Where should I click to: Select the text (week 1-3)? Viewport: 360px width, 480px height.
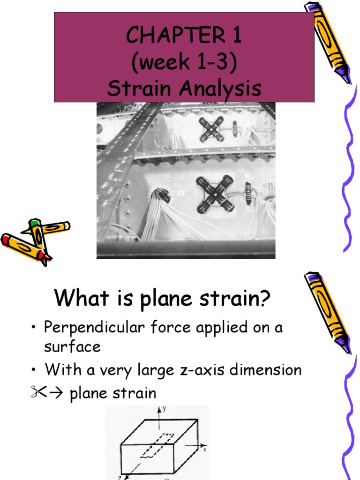tap(184, 62)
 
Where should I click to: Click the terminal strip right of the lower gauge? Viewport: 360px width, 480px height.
tap(247, 193)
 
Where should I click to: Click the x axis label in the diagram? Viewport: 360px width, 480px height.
tap(205, 449)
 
